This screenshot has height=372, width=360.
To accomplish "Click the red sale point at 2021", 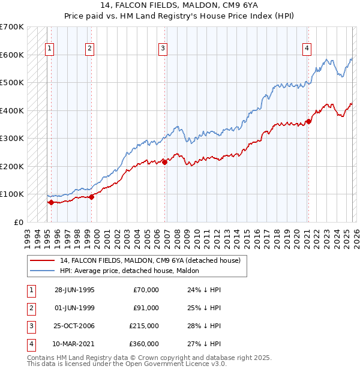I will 309,121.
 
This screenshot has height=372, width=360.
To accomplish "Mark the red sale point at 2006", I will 164,161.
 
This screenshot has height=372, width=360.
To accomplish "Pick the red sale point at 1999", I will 92,196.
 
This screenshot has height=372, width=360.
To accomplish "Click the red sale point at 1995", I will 51,202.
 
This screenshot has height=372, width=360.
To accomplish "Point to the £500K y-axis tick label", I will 12,83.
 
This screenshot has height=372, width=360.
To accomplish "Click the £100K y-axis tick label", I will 12,194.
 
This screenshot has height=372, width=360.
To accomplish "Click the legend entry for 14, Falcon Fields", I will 150,260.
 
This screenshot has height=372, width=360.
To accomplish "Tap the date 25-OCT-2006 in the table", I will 74,326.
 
